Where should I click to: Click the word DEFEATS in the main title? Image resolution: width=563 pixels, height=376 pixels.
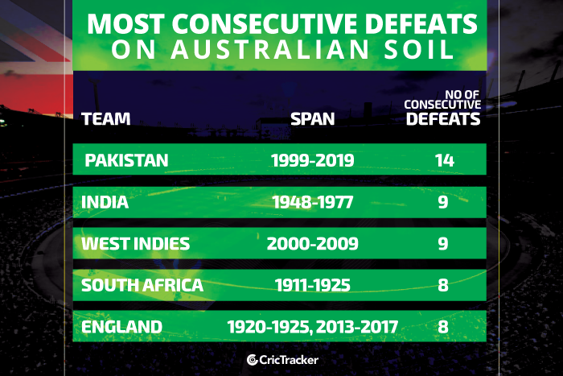[x=421, y=24]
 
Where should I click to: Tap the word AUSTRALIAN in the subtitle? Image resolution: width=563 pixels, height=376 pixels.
[x=269, y=49]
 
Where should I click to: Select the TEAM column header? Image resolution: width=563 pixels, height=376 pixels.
[x=106, y=119]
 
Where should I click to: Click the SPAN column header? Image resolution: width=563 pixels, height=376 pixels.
[x=312, y=119]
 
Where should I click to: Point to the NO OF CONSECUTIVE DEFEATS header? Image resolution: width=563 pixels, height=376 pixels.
[x=442, y=108]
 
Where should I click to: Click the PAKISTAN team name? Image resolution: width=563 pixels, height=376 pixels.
[x=126, y=160]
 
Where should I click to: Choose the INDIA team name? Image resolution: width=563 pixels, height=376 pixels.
[x=105, y=202]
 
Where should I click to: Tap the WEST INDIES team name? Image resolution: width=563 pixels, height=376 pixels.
[x=135, y=244]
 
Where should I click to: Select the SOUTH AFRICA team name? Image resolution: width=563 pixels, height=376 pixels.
[x=142, y=285]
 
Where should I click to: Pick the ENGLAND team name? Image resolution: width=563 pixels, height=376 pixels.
[x=121, y=327]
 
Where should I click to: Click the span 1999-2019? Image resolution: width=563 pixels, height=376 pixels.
[x=312, y=160]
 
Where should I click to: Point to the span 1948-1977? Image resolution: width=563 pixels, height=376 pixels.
[x=312, y=202]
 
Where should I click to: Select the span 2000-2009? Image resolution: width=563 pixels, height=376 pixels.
[x=312, y=244]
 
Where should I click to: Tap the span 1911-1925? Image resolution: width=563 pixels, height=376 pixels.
[x=312, y=285]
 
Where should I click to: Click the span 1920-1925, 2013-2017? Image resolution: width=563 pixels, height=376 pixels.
[x=312, y=327]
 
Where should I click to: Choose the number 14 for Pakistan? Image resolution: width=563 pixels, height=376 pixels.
[x=445, y=160]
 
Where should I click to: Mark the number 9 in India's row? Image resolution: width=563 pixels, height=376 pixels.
[x=443, y=202]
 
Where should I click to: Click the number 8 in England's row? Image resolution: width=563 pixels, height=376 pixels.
[x=443, y=327]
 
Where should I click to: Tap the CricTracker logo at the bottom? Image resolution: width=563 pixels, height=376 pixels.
[x=282, y=360]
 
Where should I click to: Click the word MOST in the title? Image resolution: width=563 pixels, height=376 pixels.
[x=125, y=24]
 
